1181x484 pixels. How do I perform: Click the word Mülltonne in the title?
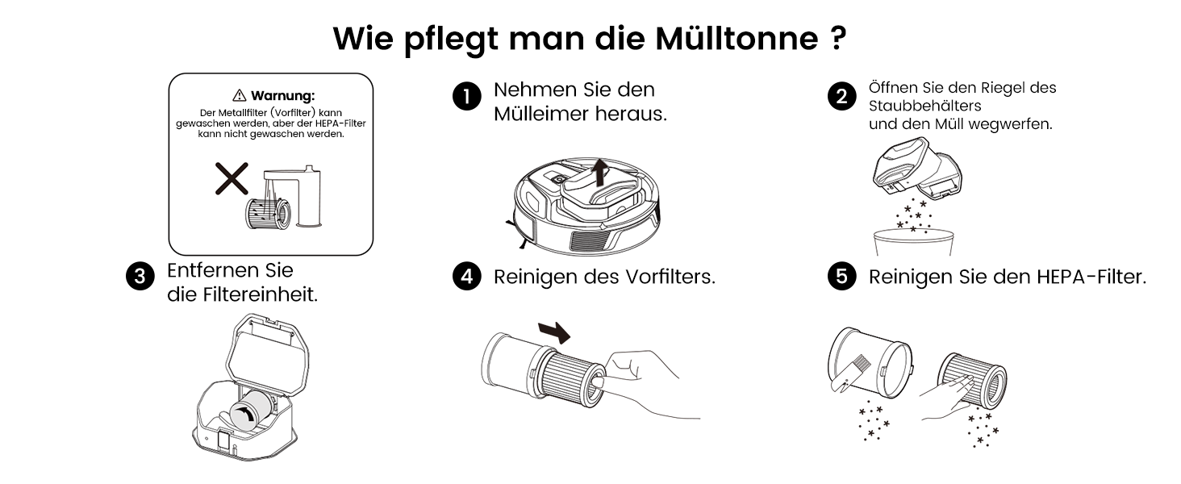click(737, 39)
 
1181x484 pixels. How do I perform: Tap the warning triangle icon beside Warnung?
click(240, 95)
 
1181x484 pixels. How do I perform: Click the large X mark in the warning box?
click(232, 179)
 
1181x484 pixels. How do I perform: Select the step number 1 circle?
click(466, 97)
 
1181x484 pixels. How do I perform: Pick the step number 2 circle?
click(841, 97)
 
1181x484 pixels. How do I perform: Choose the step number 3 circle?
click(140, 276)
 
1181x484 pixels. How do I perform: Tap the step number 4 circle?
click(466, 276)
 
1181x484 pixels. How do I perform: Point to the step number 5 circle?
click(841, 276)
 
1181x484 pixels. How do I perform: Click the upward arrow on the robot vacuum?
click(599, 173)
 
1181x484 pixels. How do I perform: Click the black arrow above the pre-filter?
click(555, 332)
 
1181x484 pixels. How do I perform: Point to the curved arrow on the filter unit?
click(244, 415)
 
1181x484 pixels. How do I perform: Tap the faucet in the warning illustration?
click(293, 196)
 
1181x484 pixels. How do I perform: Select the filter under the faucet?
click(268, 213)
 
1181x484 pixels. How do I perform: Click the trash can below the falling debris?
click(913, 243)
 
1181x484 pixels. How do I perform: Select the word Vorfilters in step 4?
click(670, 277)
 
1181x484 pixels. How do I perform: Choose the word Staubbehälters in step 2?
click(924, 106)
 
